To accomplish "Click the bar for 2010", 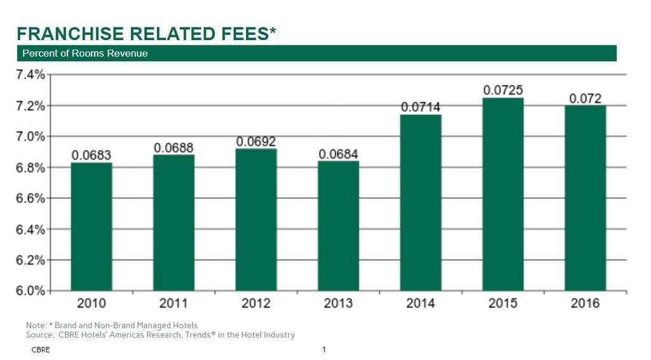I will [91, 226].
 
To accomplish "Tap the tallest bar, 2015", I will [503, 194].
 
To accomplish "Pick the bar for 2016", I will [585, 198].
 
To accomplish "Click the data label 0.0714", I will [420, 106].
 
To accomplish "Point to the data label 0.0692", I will [256, 141].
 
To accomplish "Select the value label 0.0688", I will [174, 147].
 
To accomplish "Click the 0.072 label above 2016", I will [585, 98].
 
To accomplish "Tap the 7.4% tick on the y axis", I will [30, 74].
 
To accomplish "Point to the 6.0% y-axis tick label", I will [30, 291].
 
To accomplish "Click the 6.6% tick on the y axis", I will [30, 198].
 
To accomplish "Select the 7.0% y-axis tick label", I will [30, 136].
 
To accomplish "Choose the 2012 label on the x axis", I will [256, 303].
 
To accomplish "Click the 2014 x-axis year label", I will [420, 303].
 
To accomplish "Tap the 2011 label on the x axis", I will [174, 303].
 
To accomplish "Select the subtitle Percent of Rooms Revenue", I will [85, 53].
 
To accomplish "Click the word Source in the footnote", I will [38, 335].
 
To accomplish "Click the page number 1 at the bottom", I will [324, 350].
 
